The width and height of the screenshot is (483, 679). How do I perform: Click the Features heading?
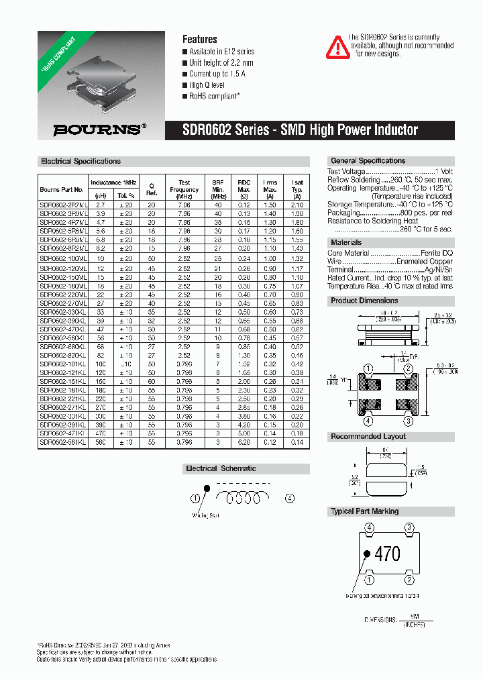point(200,40)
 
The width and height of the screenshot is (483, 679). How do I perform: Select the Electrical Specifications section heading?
point(81,162)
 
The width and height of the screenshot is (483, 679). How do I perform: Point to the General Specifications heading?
point(368,161)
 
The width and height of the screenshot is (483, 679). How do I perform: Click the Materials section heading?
point(346,242)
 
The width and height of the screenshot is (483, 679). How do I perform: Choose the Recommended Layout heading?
point(368,437)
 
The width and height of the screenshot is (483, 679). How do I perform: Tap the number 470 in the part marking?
point(387,554)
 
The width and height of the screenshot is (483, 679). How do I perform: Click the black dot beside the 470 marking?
point(367,554)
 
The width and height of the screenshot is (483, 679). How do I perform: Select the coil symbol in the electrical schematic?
point(241,497)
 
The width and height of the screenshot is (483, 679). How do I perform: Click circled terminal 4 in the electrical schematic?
point(289,498)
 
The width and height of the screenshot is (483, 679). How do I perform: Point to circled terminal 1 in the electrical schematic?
point(195,498)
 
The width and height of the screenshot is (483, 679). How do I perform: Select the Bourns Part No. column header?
point(62,190)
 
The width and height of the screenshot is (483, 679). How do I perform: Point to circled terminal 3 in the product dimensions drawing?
point(408,421)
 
